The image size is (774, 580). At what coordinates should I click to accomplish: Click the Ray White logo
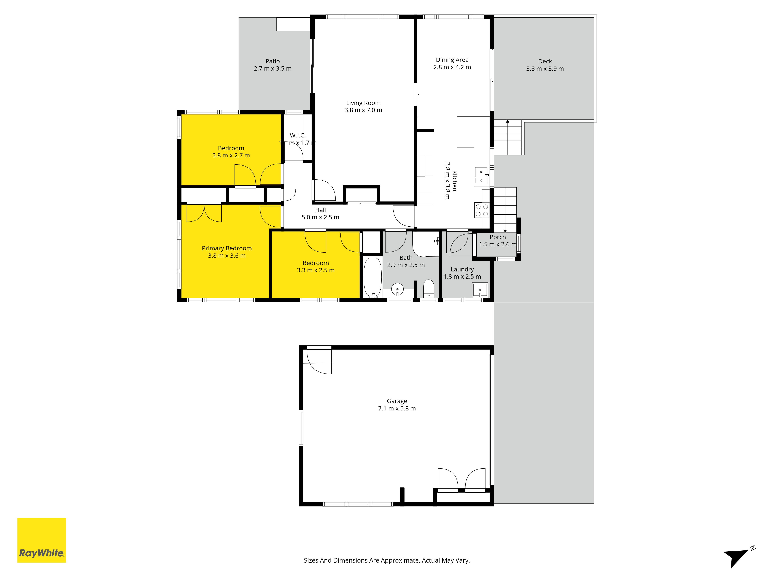[42, 540]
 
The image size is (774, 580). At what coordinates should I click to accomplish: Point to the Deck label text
[545, 61]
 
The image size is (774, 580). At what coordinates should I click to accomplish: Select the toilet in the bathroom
[429, 288]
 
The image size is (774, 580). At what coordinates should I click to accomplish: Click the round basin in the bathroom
[397, 289]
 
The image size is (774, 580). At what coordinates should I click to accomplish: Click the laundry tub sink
[480, 290]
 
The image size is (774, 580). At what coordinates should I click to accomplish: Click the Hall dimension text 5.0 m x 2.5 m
[320, 217]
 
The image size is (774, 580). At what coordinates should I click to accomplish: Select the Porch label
[497, 237]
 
